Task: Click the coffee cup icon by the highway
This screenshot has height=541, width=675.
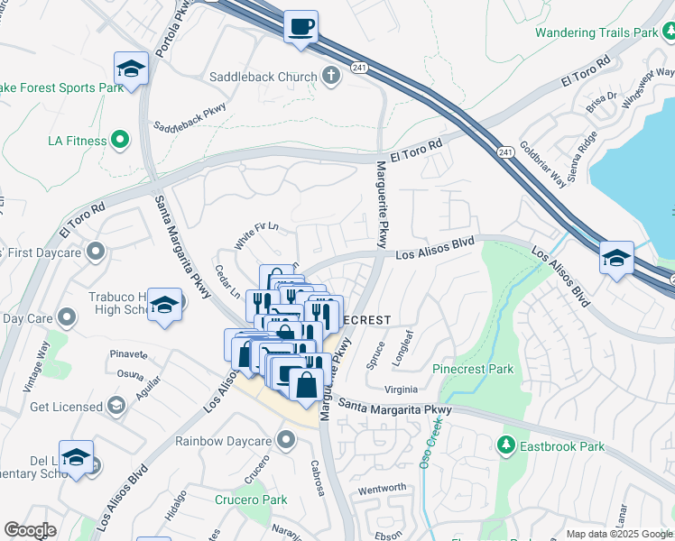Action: tap(301, 25)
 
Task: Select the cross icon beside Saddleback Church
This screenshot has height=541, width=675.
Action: tap(331, 76)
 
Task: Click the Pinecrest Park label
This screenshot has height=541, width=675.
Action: tap(473, 369)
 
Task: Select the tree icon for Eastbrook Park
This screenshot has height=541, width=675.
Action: tap(506, 445)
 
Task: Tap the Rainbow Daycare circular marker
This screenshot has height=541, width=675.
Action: tap(287, 440)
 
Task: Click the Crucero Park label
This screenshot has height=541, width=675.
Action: tap(251, 500)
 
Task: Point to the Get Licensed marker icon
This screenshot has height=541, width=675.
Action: tap(116, 407)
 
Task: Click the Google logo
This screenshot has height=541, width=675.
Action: tap(30, 530)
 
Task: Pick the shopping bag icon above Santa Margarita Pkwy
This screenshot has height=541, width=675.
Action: tap(307, 382)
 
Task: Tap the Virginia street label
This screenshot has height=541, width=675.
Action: tap(402, 390)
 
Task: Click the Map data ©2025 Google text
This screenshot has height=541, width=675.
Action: tap(618, 533)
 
